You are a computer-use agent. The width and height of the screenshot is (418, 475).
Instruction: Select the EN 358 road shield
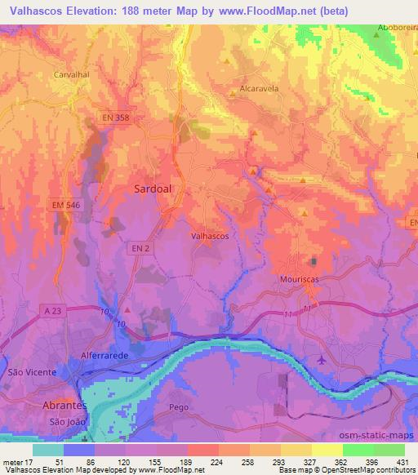(117, 118)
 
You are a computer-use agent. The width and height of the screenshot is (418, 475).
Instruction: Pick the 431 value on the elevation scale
(402, 462)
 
